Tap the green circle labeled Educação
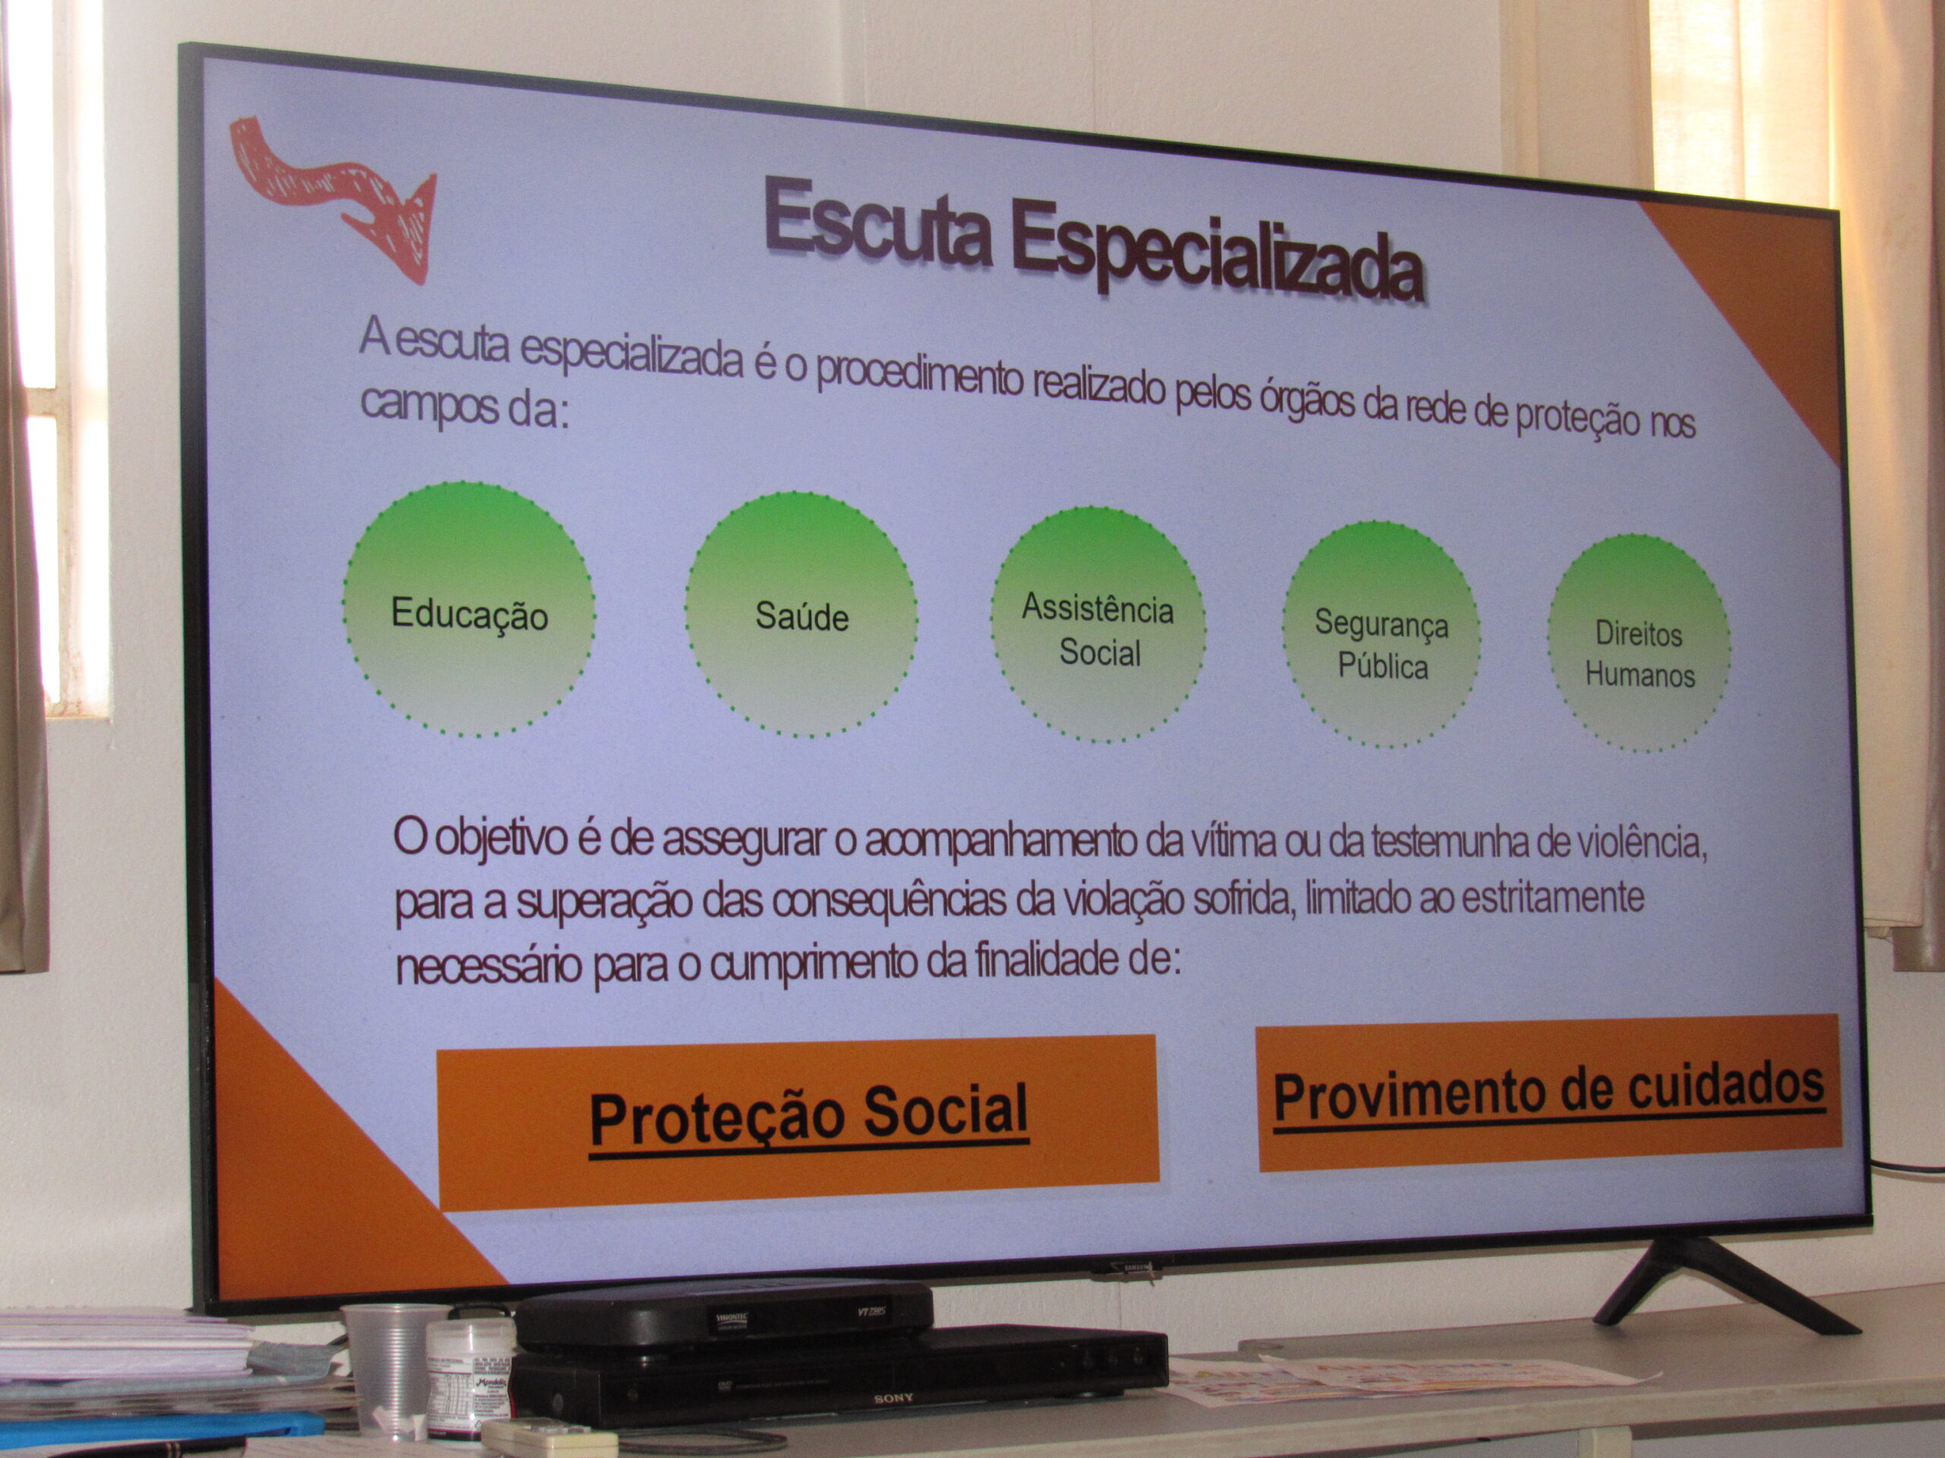(x=469, y=610)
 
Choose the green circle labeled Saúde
(x=802, y=615)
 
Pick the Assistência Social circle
(x=1098, y=626)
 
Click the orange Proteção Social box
(x=798, y=1123)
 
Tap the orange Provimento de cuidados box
(x=1549, y=1093)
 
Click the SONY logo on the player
(x=893, y=1398)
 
